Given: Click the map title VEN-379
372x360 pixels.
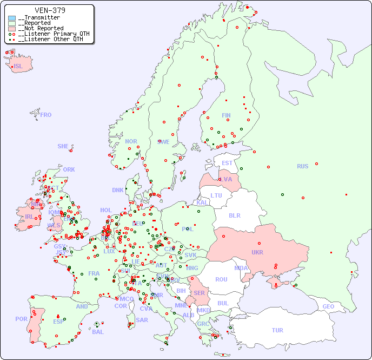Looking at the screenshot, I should click(50, 10).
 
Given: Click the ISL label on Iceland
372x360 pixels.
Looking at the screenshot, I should click(18, 67).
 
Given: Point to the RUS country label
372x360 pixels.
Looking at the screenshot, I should click(302, 166).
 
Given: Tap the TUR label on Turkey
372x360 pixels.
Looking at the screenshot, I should click(277, 330).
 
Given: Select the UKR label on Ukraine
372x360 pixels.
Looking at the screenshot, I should click(257, 252).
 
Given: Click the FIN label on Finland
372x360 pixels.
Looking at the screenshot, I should click(226, 115).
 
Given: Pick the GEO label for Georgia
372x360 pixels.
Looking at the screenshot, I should click(328, 306).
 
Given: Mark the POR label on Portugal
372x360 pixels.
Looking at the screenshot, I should click(21, 319).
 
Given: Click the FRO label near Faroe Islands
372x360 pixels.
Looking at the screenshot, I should click(46, 115).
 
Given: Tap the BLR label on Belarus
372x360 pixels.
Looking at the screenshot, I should click(235, 215).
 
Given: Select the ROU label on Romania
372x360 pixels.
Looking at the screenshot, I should click(221, 279).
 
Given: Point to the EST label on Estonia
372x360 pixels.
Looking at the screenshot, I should click(227, 163).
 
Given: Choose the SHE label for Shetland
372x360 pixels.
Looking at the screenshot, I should click(63, 146).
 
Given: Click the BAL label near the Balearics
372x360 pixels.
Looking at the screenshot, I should click(97, 332).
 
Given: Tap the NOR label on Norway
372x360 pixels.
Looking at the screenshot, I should click(131, 141).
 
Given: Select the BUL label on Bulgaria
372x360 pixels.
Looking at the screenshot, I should click(223, 303).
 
